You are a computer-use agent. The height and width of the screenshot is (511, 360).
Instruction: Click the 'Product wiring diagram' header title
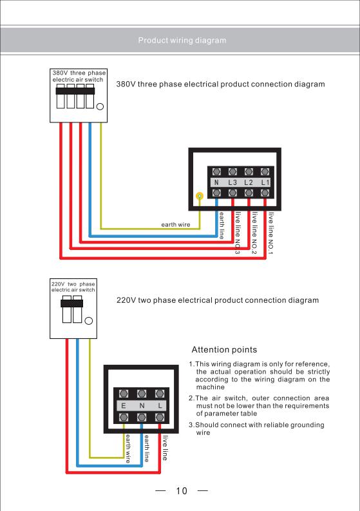point(182,41)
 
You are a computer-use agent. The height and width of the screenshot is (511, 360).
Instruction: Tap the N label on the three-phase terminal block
point(216,182)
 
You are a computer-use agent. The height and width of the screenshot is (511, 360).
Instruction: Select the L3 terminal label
point(232,182)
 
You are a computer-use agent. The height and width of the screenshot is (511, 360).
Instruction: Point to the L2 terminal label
point(249,182)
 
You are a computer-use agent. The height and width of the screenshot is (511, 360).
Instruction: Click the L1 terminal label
point(265,182)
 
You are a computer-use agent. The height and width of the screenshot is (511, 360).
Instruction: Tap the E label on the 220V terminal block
point(124,406)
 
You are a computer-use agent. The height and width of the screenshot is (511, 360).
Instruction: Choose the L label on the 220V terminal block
point(160,406)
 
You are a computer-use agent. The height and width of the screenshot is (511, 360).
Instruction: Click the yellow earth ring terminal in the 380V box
point(200,196)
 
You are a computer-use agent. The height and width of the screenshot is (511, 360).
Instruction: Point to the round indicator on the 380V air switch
point(100,106)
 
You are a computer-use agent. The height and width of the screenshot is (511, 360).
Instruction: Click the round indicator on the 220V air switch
point(89,321)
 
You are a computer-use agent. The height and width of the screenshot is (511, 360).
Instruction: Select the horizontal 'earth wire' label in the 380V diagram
point(176,224)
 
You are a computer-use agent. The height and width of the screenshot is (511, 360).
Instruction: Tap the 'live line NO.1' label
point(270,233)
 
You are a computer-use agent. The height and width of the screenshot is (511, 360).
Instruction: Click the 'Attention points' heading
point(224,350)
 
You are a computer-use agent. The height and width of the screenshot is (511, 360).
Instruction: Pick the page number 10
point(182,491)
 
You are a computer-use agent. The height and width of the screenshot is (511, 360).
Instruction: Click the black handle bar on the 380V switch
point(75,91)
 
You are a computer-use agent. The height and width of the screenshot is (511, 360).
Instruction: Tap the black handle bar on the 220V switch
point(71,304)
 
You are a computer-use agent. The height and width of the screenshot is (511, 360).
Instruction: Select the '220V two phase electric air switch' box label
point(73,287)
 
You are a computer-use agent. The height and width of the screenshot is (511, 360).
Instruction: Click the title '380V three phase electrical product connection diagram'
point(220,84)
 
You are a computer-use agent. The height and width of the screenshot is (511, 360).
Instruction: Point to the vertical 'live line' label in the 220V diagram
point(166,448)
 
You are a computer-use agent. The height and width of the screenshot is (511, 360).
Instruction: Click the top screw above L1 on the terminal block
point(265,171)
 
